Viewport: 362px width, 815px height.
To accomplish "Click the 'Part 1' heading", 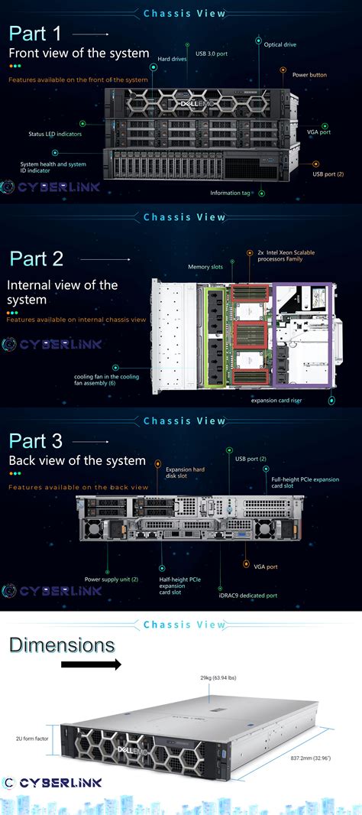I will (35, 34).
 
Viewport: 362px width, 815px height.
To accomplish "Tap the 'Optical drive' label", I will (280, 45).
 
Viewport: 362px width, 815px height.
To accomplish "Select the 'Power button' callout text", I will (309, 75).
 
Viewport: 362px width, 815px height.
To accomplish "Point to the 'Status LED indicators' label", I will (54, 134).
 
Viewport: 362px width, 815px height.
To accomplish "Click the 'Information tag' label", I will (230, 193).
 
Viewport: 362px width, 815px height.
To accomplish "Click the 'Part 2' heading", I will (36, 258).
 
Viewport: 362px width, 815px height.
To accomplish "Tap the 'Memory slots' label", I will (205, 267).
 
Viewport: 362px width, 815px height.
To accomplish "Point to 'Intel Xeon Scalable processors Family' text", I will (286, 255).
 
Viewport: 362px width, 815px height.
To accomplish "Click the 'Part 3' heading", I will (35, 441).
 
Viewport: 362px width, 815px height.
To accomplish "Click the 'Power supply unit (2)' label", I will (111, 579).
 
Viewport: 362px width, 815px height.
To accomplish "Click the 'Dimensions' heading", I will (62, 645).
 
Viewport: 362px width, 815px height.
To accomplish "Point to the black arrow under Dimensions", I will (91, 664).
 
